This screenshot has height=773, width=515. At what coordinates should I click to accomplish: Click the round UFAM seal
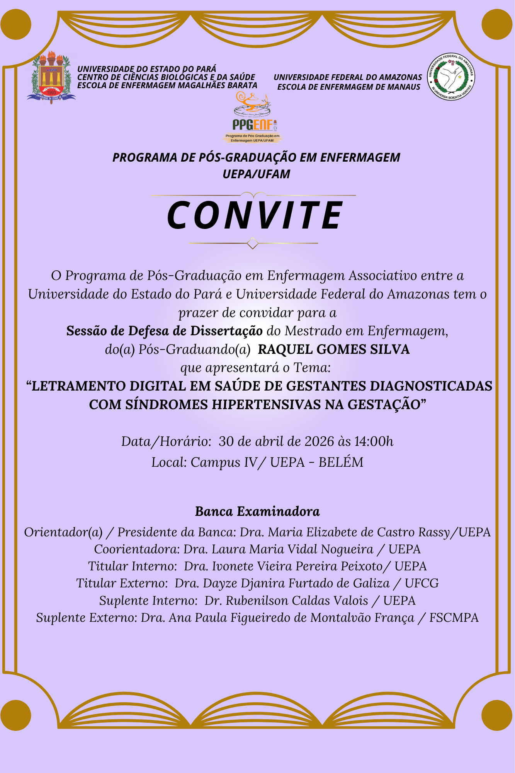[451, 77]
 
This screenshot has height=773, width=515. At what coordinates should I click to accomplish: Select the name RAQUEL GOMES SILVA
[333, 349]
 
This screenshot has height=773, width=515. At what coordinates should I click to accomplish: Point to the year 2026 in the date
[319, 441]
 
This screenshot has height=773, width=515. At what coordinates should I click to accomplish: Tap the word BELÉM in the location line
[341, 462]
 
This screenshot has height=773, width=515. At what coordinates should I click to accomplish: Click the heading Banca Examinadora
[257, 511]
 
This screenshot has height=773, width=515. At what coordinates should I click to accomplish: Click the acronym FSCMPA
[454, 618]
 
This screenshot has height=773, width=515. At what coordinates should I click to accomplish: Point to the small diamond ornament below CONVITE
[253, 243]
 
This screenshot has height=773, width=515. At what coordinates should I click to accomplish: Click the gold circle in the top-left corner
[16, 24]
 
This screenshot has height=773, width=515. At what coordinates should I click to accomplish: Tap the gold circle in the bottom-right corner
[497, 715]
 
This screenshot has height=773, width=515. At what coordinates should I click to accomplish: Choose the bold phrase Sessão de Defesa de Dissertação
[165, 331]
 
